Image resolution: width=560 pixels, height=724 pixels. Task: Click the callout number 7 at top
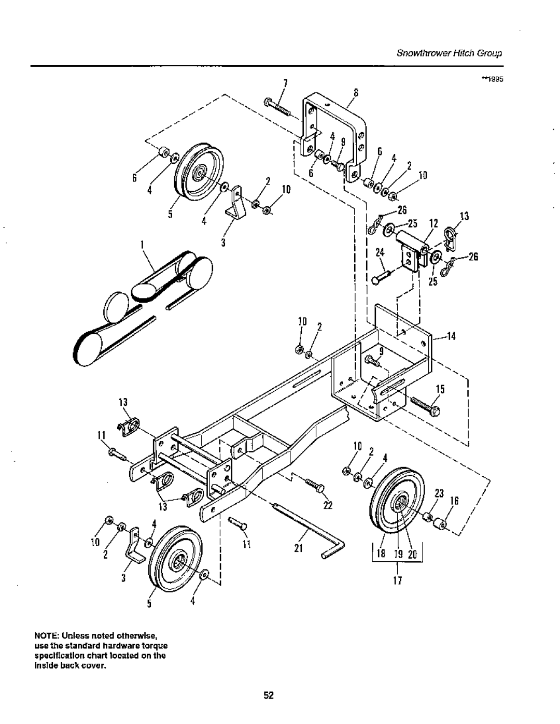point(286,84)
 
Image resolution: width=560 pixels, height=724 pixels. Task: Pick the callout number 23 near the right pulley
point(440,494)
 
